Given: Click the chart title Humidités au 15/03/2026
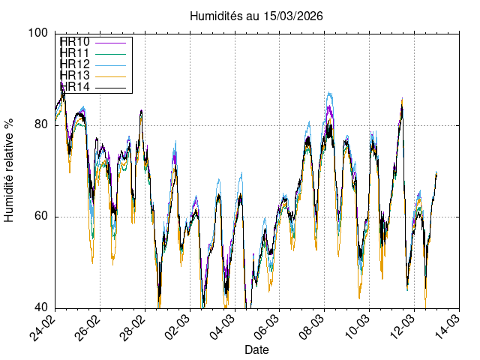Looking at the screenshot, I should tap(257, 16).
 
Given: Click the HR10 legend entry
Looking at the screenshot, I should tap(75, 42).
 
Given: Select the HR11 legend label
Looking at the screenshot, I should tap(75, 53).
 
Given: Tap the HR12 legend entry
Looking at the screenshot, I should tap(75, 64).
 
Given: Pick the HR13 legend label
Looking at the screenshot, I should tap(75, 76).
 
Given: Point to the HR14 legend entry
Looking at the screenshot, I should tap(75, 87).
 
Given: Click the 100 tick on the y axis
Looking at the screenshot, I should tap(39, 33).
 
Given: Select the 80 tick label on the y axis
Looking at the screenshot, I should tap(42, 125).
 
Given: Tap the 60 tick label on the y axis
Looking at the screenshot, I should tap(42, 217).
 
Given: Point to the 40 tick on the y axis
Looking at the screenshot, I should tap(42, 308).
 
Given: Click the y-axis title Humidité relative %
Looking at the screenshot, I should tap(10, 170).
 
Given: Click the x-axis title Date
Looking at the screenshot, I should tap(257, 350).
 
